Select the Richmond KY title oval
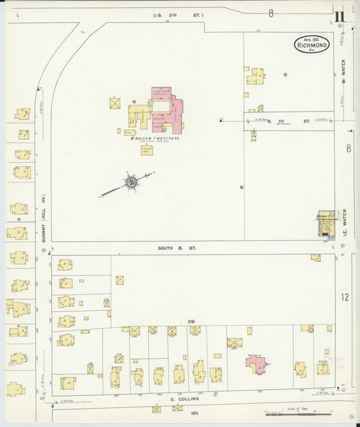(x=311, y=45)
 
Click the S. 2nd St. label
(x=170, y=14)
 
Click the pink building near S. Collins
(x=255, y=363)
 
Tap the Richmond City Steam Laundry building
(x=326, y=223)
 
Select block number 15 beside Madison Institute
(x=134, y=101)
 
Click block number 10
(x=285, y=74)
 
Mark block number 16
(x=241, y=186)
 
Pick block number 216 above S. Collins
(x=191, y=322)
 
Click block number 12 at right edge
(x=345, y=297)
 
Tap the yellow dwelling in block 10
(x=255, y=76)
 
